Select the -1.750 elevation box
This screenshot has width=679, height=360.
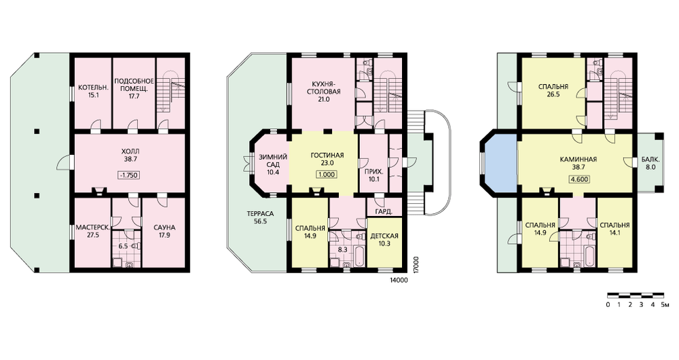[x=129, y=175]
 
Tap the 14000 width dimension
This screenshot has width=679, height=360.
[x=398, y=281]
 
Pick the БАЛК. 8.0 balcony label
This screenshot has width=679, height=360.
[x=650, y=163]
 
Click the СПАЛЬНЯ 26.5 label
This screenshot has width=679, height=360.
[x=553, y=90]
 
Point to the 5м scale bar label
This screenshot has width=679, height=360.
[x=665, y=305]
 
